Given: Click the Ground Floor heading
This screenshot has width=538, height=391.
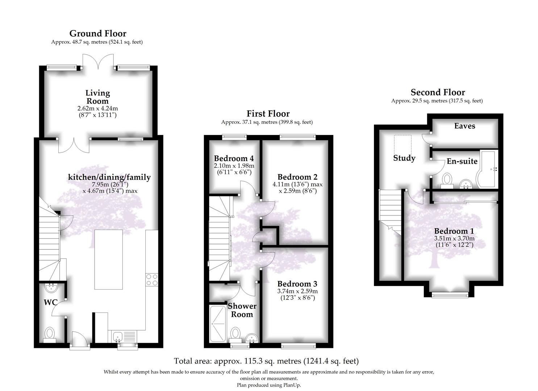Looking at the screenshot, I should point(98,34).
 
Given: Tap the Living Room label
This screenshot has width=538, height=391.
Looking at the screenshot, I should point(97,97).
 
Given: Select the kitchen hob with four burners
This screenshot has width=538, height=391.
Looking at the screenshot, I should point(151,279).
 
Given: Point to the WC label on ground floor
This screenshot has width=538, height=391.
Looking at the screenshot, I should point(50,302).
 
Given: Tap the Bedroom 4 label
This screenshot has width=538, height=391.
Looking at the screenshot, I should point(234,159).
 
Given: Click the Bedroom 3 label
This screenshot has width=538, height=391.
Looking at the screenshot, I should point(297,284).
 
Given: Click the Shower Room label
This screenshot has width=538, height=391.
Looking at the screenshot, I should point(242,310).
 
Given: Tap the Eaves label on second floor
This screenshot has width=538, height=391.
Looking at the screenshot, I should point(464,126).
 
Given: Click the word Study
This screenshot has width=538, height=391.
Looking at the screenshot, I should point(404,158).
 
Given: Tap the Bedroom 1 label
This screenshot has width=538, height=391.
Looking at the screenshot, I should point(454,231).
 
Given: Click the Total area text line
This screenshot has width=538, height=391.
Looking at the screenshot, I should point(266,361).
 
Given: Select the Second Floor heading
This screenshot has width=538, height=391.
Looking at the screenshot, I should point(437,92).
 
